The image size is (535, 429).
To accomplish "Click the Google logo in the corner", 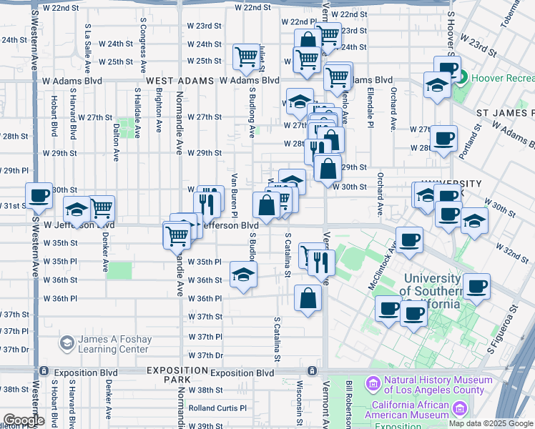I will (x=23, y=420).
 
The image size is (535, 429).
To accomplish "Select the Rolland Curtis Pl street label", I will (x=217, y=408).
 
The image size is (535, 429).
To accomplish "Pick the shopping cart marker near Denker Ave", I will (x=102, y=208).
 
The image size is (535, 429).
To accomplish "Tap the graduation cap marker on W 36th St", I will (x=243, y=274).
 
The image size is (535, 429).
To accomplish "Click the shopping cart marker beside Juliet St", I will (x=246, y=56).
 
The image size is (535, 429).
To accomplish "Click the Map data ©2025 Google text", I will (x=490, y=423).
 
